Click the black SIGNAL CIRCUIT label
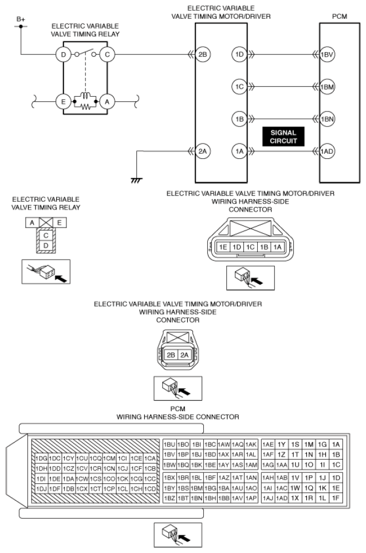[x=284, y=137]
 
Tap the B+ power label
[x=21, y=19]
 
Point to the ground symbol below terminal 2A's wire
[x=136, y=180]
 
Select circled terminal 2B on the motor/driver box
[x=202, y=54]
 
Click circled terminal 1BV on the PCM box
[x=327, y=54]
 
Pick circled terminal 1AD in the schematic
[x=327, y=152]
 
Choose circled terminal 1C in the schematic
[x=239, y=86]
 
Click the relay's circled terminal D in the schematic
[x=64, y=54]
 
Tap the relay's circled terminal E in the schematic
[x=64, y=102]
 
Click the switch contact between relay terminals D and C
[x=85, y=53]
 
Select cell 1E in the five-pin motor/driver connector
[x=223, y=247]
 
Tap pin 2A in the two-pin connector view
[x=184, y=355]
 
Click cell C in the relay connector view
[x=46, y=235]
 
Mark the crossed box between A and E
[x=46, y=222]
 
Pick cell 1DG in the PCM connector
[x=41, y=459]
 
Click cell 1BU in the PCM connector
[x=170, y=445]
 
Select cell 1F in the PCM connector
[x=336, y=498]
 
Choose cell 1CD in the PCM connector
[x=150, y=489]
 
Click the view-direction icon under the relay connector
[x=46, y=272]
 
